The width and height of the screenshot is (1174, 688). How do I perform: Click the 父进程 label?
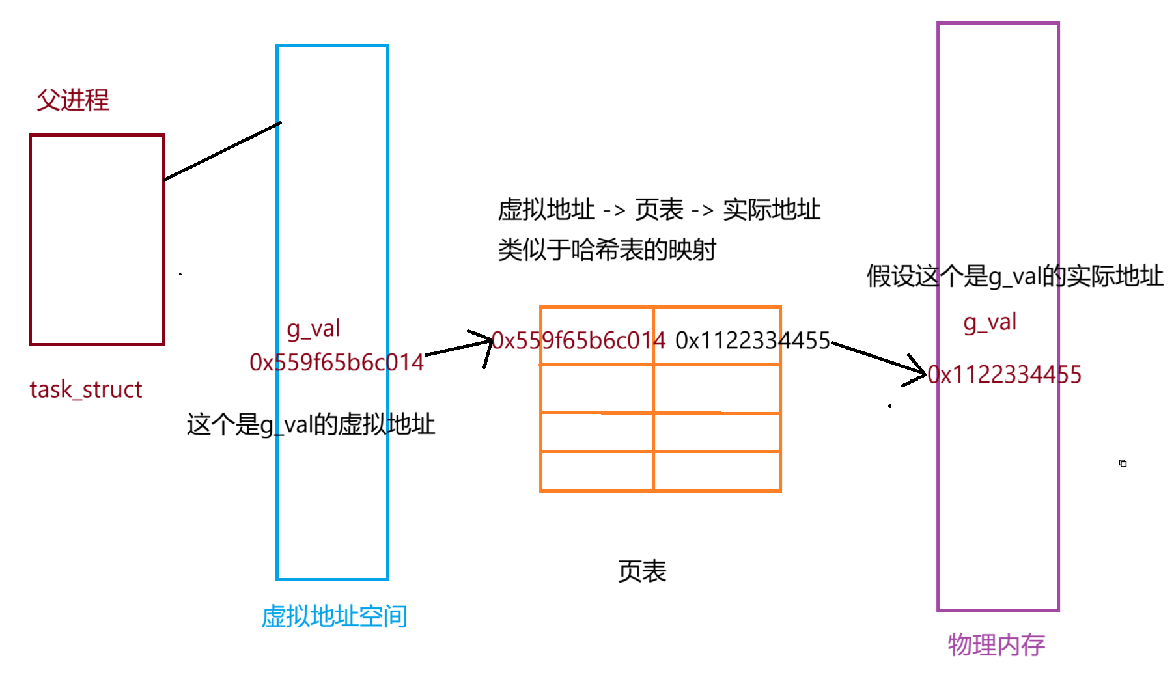pos(72,100)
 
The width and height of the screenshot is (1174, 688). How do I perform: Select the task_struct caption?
pos(85,389)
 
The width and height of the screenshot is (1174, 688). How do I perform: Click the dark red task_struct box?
pos(97,240)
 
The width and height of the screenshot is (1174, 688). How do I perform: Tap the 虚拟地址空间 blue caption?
pos(334,616)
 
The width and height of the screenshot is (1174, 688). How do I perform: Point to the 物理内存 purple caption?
pos(996,644)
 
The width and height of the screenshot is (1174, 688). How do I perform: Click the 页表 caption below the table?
pos(642,571)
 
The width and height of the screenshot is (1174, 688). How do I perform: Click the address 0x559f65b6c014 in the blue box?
pos(337,363)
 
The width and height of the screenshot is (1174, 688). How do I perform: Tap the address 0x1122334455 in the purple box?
pos(1004,375)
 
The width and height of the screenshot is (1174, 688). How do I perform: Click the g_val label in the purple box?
pos(990,322)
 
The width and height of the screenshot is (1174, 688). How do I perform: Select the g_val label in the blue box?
pos(313,329)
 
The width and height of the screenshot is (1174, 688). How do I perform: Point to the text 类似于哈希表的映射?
pos(607,250)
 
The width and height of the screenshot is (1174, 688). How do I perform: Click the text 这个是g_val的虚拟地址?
pos(311,424)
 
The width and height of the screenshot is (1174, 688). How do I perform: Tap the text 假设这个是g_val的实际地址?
pos(1014,276)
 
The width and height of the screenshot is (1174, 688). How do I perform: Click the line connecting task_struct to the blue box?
pos(223,151)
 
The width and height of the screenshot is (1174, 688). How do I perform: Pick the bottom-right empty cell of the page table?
pos(717,471)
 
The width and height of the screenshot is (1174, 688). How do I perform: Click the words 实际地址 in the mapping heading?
pos(772,210)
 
